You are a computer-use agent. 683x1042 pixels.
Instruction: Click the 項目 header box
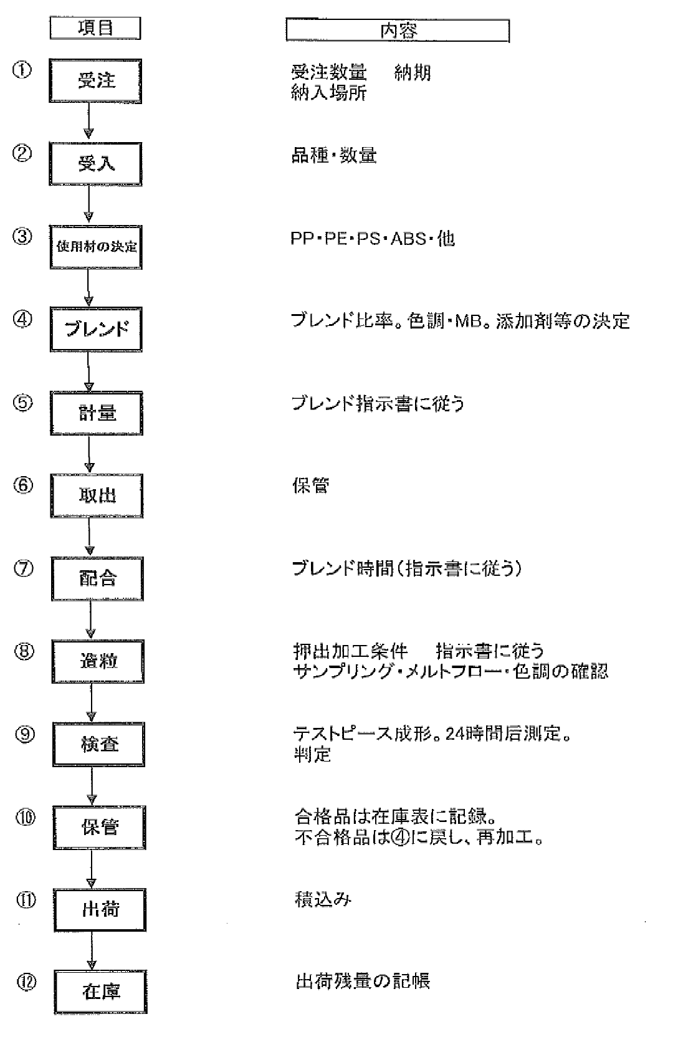[x=95, y=28]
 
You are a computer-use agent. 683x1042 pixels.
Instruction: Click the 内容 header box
[x=398, y=31]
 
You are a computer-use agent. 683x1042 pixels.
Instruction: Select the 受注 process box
[x=95, y=81]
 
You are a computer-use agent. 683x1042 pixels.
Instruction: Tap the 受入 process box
[x=95, y=164]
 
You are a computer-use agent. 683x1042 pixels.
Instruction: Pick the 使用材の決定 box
[x=96, y=247]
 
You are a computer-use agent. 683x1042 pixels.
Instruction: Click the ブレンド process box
[x=97, y=329]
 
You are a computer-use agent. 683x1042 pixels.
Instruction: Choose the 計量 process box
[x=97, y=413]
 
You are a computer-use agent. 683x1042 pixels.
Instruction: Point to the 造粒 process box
[x=98, y=661]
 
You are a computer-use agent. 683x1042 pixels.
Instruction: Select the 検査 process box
[x=98, y=744]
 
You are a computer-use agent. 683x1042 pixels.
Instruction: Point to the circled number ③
[x=22, y=236]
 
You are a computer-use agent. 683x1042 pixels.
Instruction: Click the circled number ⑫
[x=27, y=982]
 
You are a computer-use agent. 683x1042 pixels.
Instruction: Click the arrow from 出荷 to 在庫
[x=92, y=950]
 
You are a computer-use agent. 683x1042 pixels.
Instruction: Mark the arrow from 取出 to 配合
[x=89, y=537]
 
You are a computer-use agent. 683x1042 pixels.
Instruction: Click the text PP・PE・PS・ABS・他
[x=373, y=239]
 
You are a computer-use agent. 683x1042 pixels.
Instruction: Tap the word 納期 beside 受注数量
[x=413, y=72]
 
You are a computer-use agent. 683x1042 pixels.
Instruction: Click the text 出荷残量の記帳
[x=363, y=981]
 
